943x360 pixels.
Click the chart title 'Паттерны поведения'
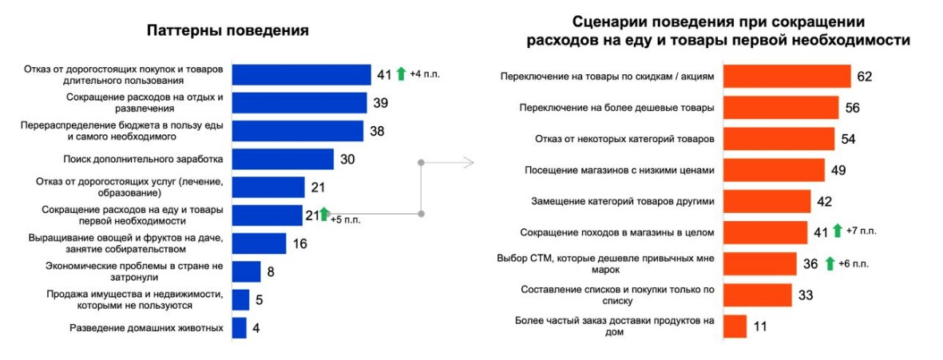(228, 32)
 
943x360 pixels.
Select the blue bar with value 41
(301, 75)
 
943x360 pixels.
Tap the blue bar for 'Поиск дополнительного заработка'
(283, 159)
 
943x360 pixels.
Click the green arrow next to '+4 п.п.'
(401, 74)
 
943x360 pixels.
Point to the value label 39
(381, 103)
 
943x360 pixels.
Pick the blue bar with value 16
(259, 243)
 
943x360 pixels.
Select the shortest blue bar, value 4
(239, 327)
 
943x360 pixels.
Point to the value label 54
(849, 139)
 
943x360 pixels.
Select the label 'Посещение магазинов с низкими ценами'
(613, 170)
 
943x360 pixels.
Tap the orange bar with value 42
(767, 201)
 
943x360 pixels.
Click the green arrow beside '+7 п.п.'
(837, 231)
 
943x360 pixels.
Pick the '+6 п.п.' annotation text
(854, 263)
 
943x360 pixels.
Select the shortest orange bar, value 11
(735, 326)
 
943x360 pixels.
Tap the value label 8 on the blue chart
(271, 272)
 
